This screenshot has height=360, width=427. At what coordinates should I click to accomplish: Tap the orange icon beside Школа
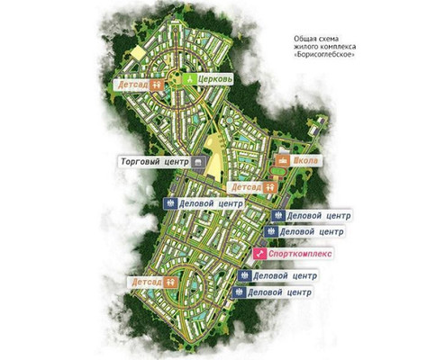pos(282,161)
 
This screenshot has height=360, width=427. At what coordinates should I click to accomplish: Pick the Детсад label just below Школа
pos(245,187)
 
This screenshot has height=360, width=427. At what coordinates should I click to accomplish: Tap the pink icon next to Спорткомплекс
pos(260,255)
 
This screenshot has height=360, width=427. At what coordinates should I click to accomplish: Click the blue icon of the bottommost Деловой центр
pos(239,292)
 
